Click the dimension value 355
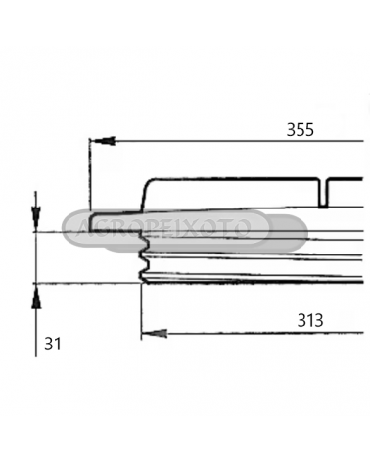coord(301,130)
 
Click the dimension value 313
coord(310,320)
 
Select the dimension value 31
coord(53,344)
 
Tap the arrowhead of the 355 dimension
coord(103,141)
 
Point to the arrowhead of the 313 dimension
coord(155,334)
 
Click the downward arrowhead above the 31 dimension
coord(36,218)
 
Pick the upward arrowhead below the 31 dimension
coord(36,296)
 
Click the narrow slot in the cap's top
coord(323,193)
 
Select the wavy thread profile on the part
coord(144,257)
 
